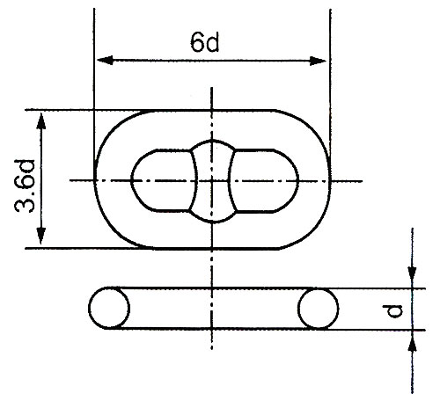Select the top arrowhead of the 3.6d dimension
tap(40, 117)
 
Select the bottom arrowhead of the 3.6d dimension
tap(40, 242)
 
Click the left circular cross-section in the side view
tap(108, 309)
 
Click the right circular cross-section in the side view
tap(318, 309)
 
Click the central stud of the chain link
tap(211, 179)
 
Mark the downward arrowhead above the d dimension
tap(411, 280)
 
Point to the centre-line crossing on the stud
tap(211, 180)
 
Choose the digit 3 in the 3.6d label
tap(26, 207)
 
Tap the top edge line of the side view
tap(211, 288)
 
